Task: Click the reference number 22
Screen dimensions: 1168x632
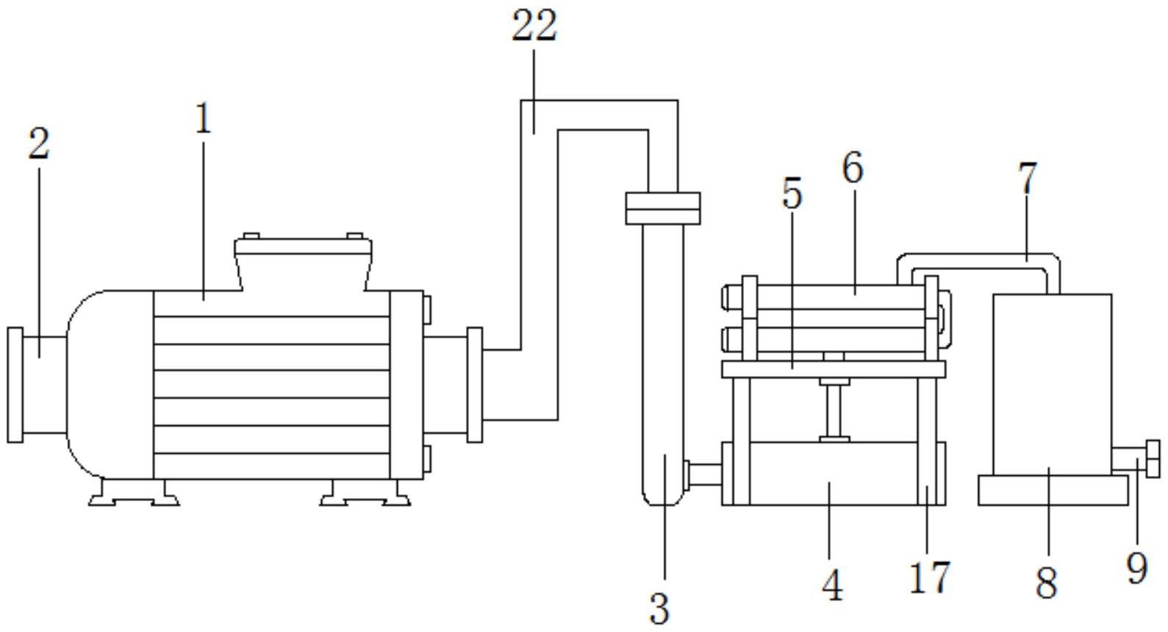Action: pos(534,25)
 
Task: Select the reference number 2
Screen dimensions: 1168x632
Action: pos(39,143)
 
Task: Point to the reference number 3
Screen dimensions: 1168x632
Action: pos(659,608)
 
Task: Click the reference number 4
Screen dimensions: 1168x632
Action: pos(832,585)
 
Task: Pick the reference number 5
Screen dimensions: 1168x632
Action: pos(792,193)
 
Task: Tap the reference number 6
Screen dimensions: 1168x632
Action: pos(853,167)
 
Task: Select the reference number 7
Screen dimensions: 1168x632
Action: pos(1027,178)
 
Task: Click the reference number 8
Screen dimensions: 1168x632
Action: pos(1047,583)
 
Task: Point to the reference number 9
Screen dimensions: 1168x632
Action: pos(1137,568)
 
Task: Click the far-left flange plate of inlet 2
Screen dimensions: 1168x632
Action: pos(15,385)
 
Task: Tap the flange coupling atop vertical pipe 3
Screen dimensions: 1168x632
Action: pos(663,209)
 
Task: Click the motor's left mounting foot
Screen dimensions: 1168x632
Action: pos(134,492)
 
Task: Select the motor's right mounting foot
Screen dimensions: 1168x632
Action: pos(365,492)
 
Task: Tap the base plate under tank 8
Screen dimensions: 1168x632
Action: pos(1053,490)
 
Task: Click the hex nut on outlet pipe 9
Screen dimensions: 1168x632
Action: pos(1153,459)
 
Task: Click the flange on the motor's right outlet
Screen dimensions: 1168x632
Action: pos(475,385)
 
